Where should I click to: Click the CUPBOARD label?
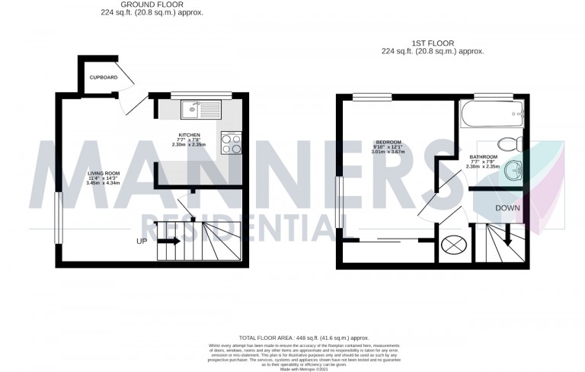click(103, 78)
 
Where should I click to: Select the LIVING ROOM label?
click(104, 173)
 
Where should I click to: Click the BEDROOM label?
click(388, 142)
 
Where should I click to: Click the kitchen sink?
click(200, 111)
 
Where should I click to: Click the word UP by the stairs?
click(141, 242)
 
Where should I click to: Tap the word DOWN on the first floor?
click(507, 207)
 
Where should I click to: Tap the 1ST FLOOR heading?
click(432, 43)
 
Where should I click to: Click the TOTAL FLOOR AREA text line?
click(304, 337)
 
